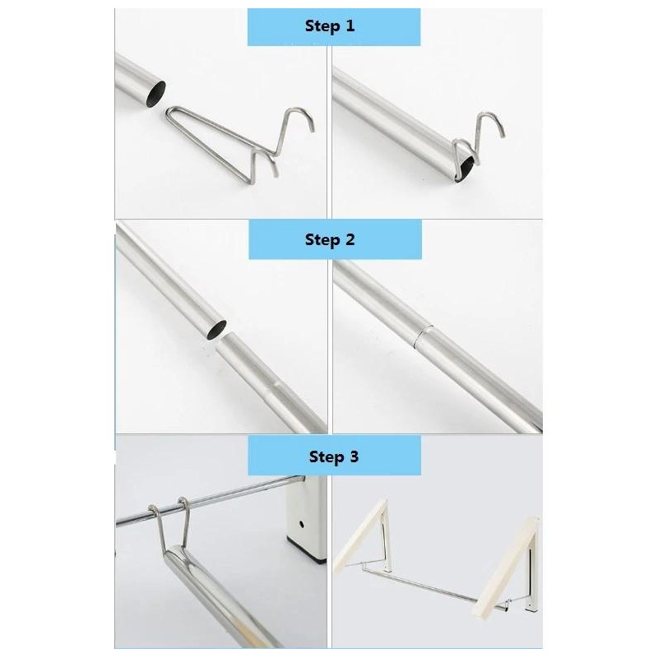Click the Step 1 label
pos(330,26)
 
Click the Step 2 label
pos(330,240)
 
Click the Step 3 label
pos(334,456)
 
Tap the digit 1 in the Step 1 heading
pos(350,25)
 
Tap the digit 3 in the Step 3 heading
pos(354,456)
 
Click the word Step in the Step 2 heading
pos(322,240)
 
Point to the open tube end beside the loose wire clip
pos(155,93)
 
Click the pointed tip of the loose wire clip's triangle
pos(168,114)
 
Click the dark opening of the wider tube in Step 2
pos(215,330)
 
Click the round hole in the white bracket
pos(301,524)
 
